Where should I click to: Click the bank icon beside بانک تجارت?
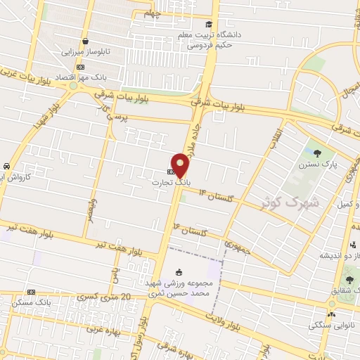point(172,171)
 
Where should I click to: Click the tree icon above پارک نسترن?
point(318,153)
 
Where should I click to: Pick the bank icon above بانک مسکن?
point(31,292)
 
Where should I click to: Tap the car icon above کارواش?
point(6,165)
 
